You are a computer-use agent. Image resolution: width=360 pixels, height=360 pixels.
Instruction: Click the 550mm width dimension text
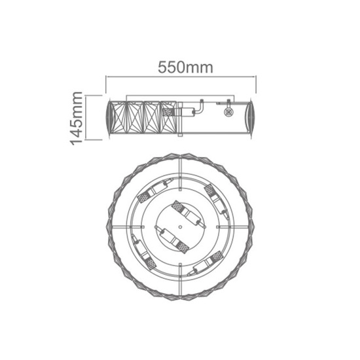(185, 67)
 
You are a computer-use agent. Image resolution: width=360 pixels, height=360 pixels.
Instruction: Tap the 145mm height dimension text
(77, 118)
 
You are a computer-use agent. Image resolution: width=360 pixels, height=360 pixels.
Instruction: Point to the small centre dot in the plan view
(180, 227)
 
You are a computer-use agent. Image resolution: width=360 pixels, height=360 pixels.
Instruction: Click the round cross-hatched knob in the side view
(228, 113)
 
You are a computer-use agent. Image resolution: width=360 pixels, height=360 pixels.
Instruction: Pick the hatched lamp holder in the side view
(169, 113)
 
